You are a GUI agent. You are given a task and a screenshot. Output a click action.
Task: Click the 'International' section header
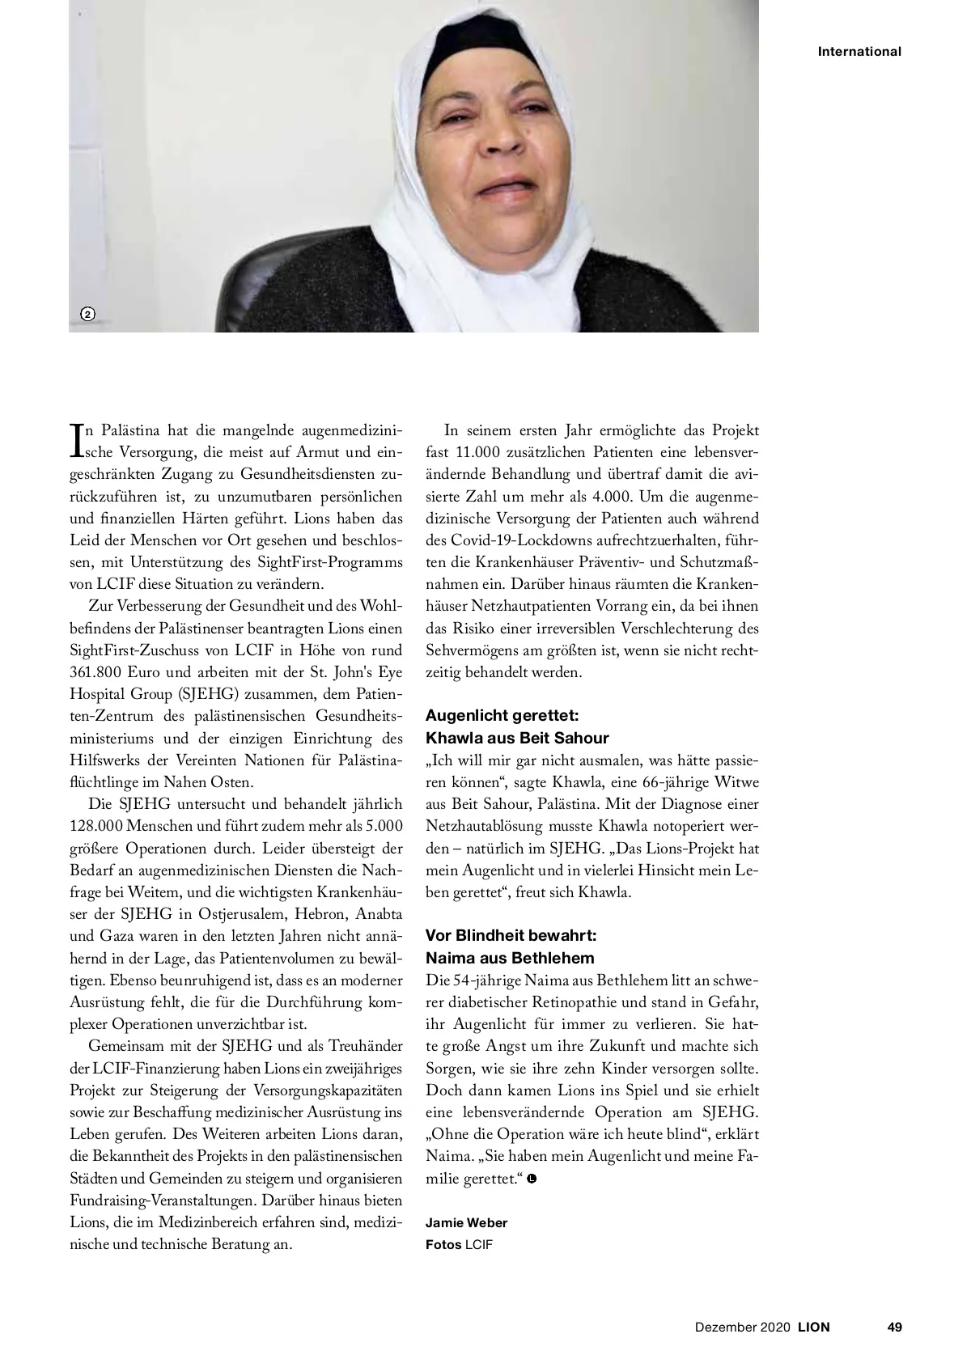[x=859, y=52]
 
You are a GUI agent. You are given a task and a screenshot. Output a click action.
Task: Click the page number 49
[x=894, y=1327]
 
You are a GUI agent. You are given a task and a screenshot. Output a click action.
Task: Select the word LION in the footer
[x=814, y=1327]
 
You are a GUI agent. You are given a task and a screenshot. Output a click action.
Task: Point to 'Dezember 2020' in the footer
[x=743, y=1327]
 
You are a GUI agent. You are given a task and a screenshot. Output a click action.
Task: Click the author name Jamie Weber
[x=466, y=1222]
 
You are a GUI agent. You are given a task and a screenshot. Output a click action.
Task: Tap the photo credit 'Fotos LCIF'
[x=459, y=1244]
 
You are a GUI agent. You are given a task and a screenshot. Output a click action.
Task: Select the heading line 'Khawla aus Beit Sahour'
[x=517, y=738]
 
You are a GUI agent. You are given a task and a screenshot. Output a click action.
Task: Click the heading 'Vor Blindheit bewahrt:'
[x=511, y=935]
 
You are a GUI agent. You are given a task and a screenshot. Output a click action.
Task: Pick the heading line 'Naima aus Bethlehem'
[x=510, y=958]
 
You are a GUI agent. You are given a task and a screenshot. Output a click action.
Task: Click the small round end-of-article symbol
[x=531, y=1178]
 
